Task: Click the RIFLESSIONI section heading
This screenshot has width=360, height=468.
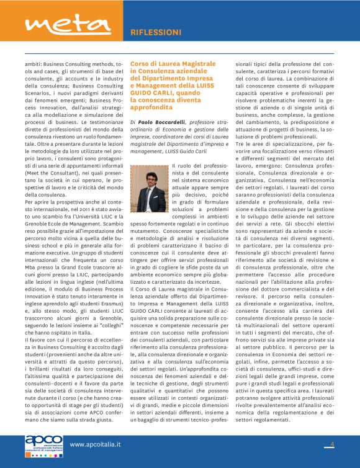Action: [x=156, y=32]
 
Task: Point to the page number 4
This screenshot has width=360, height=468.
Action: [x=332, y=444]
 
